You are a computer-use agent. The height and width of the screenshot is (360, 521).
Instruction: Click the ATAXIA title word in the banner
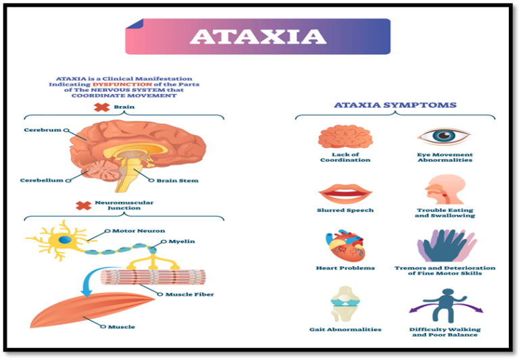pos(258,36)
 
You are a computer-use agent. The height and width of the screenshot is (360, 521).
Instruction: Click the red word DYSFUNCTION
pos(122,84)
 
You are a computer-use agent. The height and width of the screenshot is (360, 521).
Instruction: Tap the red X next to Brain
pos(101,107)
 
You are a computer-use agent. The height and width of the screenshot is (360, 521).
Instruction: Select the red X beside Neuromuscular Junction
pos(83,205)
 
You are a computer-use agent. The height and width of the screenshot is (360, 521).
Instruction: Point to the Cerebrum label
pos(43,130)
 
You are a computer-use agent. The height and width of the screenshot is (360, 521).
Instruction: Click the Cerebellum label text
pos(41,180)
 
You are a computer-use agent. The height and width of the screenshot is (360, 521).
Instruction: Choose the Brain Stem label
pos(178,180)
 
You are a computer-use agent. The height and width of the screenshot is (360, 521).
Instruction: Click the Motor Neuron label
pos(139,231)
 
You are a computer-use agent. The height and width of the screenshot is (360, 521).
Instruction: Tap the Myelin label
pos(182,241)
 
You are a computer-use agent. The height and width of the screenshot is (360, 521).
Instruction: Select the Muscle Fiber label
pos(190,294)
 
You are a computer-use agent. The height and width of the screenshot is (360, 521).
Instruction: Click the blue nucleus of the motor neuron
pos(65,240)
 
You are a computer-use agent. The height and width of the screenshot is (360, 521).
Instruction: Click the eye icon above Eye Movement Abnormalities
pos(445,136)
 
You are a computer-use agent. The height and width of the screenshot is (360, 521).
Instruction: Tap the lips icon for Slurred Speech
pos(345,195)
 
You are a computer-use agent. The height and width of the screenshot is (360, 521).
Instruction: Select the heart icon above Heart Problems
pos(345,246)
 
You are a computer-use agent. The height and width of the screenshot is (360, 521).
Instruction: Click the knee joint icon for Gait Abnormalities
pos(345,304)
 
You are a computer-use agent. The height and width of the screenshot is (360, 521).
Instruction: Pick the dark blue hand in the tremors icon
pos(445,247)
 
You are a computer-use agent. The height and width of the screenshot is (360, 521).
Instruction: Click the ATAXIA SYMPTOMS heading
pos(395,105)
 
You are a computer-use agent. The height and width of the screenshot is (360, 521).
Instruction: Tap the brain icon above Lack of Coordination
pos(345,136)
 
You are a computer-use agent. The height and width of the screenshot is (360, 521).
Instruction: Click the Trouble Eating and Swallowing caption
pos(445,213)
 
